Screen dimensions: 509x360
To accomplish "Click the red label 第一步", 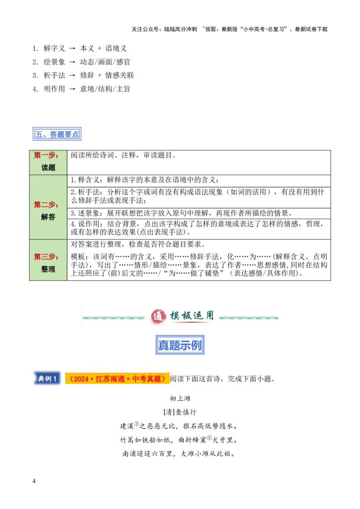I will pyautogui.click(x=46, y=156).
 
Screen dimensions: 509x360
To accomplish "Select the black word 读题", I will pyautogui.click(x=48, y=168).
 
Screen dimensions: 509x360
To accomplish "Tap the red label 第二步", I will pyautogui.click(x=46, y=205).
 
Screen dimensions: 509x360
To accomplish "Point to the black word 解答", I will pyautogui.click(x=48, y=217).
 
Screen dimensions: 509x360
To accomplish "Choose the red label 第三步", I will pyautogui.click(x=46, y=257).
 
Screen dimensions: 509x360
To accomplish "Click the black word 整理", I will pyautogui.click(x=48, y=269).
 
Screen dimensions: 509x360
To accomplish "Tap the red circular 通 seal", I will pyautogui.click(x=158, y=317).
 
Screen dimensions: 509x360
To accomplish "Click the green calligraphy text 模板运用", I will pyautogui.click(x=192, y=316).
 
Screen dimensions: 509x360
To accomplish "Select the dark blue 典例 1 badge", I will pyautogui.click(x=47, y=379).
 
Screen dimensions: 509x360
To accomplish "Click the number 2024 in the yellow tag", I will pyautogui.click(x=81, y=379).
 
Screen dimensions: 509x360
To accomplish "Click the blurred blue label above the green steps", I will pyautogui.click(x=58, y=134).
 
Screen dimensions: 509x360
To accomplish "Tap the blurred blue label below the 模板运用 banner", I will pyautogui.click(x=180, y=345).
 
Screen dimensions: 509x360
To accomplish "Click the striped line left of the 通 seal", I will pyautogui.click(x=114, y=318).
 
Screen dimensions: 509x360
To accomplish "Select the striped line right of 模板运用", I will pyautogui.click(x=249, y=318).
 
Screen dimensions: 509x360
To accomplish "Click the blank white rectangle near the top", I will pyautogui.click(x=180, y=108).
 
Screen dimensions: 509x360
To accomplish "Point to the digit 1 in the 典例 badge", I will pyautogui.click(x=55, y=379).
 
